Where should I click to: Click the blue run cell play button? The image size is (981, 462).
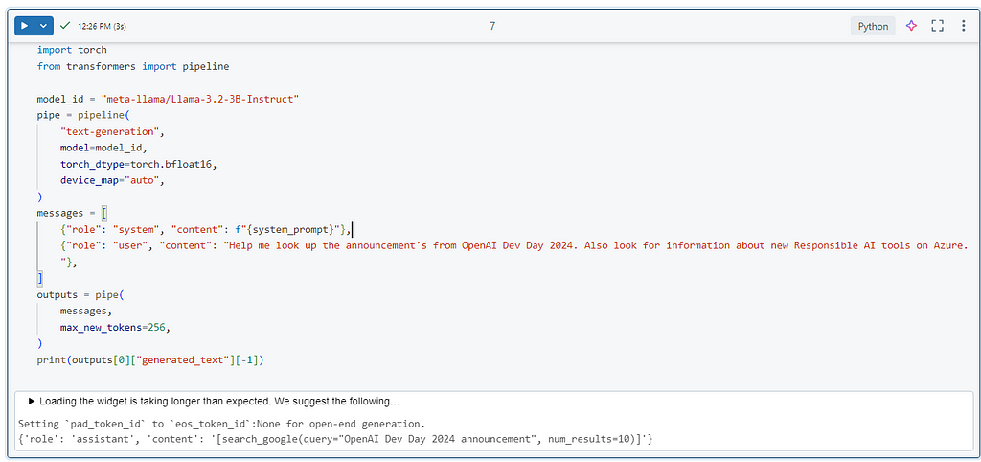[x=24, y=26]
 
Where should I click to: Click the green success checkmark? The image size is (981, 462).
[x=65, y=26]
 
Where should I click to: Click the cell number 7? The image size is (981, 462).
[x=492, y=26]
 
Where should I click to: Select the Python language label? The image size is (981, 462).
[x=873, y=26]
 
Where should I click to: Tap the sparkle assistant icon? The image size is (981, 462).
[x=912, y=26]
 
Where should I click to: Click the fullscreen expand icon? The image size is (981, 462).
[x=937, y=26]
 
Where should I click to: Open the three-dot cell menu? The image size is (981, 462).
[x=964, y=26]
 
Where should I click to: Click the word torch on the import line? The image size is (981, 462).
[x=92, y=50]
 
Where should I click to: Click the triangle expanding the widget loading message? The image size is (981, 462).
[x=32, y=401]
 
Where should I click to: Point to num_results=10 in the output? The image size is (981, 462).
[x=600, y=439]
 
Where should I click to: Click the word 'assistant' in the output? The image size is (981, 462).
[x=89, y=439]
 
